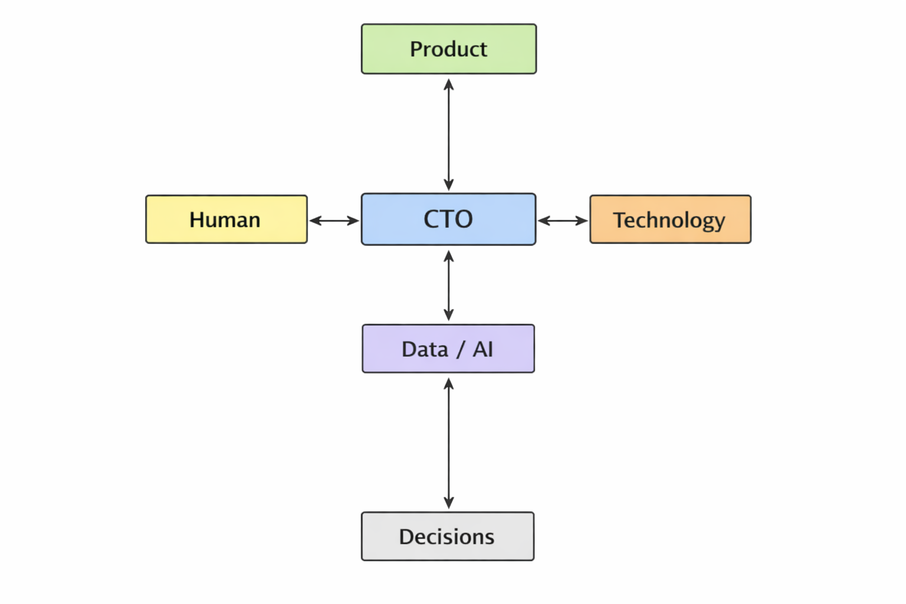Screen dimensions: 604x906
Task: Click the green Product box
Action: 448,49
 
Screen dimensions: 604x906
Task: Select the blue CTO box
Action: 448,219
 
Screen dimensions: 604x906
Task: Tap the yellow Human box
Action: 226,219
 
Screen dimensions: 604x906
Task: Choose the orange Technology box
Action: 670,219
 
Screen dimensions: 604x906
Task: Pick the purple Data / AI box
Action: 448,349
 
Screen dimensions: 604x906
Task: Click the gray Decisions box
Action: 448,536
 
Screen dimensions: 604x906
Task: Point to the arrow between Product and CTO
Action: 449,134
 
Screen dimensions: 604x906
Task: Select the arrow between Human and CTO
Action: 334,221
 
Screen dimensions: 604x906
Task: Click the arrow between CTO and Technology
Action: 563,221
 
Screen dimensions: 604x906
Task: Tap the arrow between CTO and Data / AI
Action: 449,285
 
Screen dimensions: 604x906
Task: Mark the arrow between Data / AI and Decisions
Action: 449,443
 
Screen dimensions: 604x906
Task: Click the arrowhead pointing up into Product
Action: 449,84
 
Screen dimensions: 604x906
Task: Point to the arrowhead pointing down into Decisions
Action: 449,503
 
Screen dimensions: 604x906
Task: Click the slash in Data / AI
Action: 460,350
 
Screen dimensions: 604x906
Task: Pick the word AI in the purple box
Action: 482,349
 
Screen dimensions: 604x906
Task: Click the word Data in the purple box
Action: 425,349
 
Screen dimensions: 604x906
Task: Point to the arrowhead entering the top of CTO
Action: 449,185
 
